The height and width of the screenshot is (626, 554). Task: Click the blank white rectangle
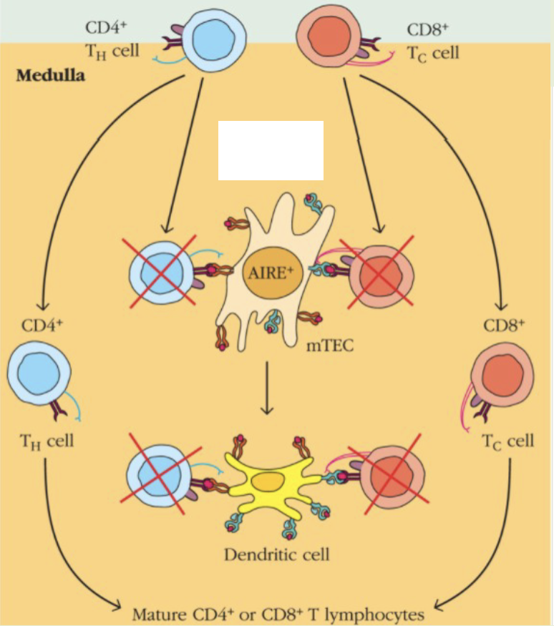(x=271, y=150)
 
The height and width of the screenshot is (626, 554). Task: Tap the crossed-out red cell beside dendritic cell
(x=389, y=478)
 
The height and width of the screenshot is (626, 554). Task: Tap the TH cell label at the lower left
(x=46, y=440)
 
